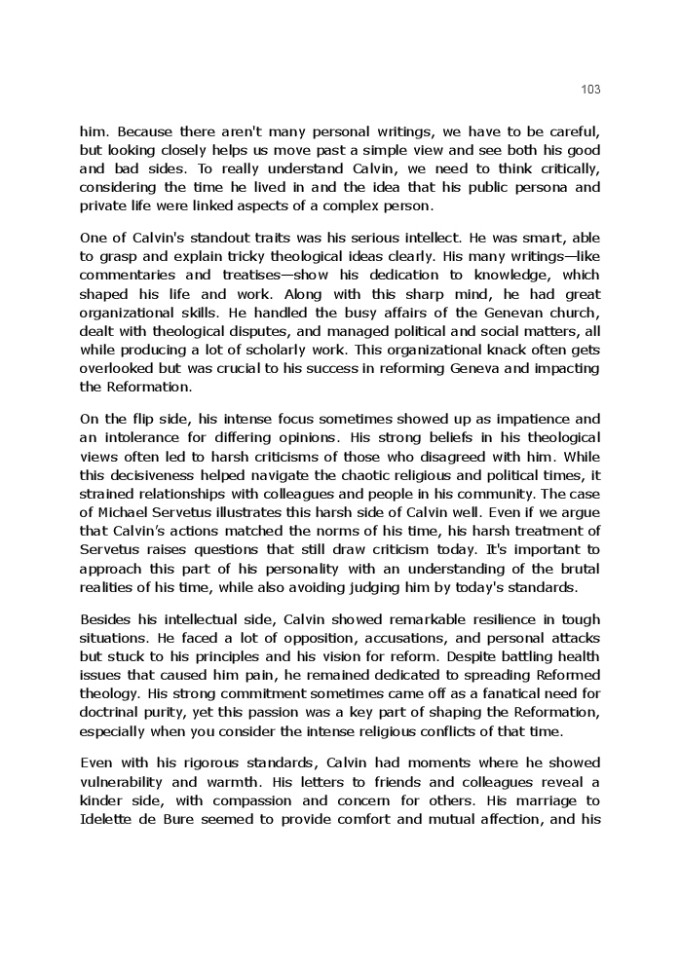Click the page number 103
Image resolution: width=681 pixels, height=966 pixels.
click(590, 90)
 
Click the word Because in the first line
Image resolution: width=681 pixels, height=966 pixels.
click(145, 131)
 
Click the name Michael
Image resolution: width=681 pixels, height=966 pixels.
click(125, 512)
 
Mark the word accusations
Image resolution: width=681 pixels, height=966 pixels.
click(339, 639)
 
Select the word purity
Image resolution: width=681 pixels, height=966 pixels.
click(155, 712)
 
